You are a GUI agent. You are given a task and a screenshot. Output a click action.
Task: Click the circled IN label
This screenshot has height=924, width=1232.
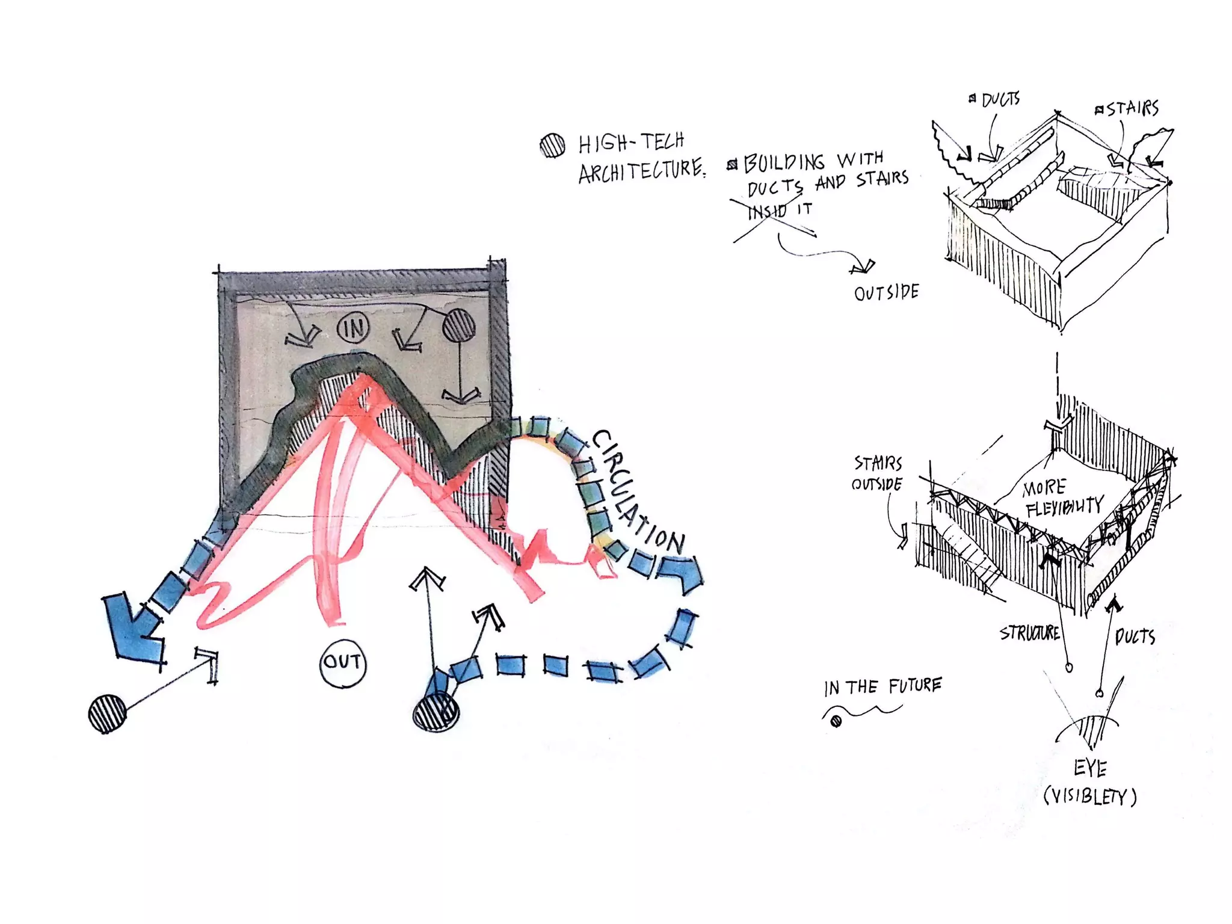click(353, 328)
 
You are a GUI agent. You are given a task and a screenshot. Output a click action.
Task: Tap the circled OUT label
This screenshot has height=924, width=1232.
click(342, 662)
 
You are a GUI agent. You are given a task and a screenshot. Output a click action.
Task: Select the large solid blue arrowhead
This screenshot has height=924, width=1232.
click(134, 626)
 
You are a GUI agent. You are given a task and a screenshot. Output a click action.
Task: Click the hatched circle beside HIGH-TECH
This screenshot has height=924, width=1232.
click(552, 145)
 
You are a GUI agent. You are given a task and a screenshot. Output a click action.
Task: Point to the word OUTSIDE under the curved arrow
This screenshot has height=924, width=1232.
click(886, 293)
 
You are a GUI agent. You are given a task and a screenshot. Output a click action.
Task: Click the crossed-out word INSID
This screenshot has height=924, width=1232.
click(768, 211)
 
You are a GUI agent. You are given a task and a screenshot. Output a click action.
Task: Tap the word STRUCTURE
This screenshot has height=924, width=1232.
click(1029, 633)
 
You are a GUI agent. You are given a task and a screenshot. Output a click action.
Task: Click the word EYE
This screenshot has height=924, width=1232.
click(1090, 768)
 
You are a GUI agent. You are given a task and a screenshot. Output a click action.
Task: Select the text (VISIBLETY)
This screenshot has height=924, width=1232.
click(1090, 796)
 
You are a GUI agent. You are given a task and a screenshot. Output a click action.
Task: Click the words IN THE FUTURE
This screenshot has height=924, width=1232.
click(882, 686)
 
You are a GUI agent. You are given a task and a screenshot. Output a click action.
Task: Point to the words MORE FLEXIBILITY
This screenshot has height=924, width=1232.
click(1063, 497)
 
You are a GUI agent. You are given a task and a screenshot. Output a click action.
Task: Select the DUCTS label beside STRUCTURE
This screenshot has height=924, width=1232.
click(1135, 636)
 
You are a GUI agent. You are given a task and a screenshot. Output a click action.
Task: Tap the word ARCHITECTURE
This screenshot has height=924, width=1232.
click(641, 171)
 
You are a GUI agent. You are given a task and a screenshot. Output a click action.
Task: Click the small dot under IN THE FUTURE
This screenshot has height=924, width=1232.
click(836, 721)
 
